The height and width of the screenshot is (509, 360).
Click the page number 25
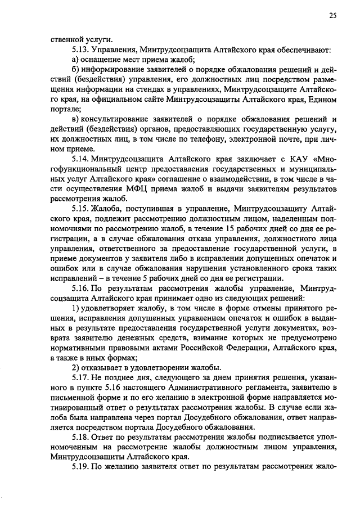tap(333, 16)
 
